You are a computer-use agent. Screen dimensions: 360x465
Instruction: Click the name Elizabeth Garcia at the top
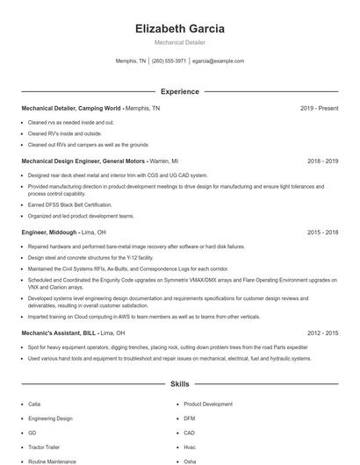point(180,29)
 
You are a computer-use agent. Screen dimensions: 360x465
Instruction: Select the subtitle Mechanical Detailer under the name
point(180,43)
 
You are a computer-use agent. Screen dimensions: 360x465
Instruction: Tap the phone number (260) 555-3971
point(169,61)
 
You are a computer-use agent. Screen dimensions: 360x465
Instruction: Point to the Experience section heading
point(179,91)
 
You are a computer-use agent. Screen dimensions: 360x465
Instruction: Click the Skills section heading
point(179,384)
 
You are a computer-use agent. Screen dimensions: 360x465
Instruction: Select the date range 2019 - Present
point(319,109)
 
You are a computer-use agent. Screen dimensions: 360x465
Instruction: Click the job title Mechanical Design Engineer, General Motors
point(83,161)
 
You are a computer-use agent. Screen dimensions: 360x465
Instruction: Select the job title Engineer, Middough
point(49,232)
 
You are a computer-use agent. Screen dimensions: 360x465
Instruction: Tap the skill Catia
point(33,404)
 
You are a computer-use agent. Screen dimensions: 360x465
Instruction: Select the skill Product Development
point(208,404)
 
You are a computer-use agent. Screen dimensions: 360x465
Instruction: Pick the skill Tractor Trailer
point(44,447)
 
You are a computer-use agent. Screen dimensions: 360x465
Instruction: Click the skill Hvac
point(190,447)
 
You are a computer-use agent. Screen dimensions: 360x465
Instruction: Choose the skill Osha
point(190,461)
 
